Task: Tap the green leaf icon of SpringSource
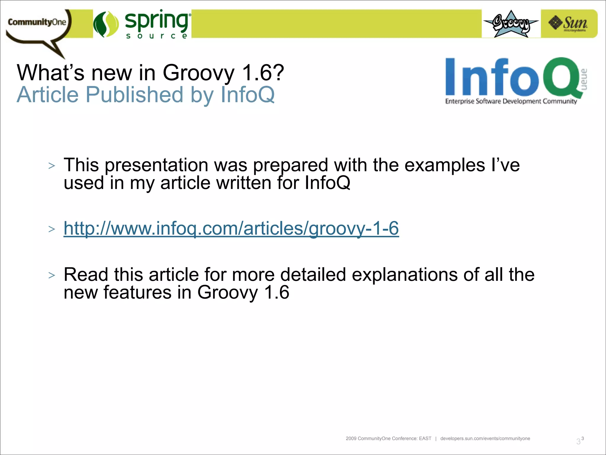(106, 24)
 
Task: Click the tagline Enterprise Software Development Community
(511, 101)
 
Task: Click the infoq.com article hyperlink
(231, 228)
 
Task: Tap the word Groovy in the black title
(199, 73)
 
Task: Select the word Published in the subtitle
(134, 95)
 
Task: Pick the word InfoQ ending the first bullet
(328, 183)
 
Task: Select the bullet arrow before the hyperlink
(52, 229)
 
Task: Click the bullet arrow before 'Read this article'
(52, 275)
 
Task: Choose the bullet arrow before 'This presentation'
(52, 166)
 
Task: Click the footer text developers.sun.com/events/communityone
(485, 438)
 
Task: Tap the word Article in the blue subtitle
(48, 95)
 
